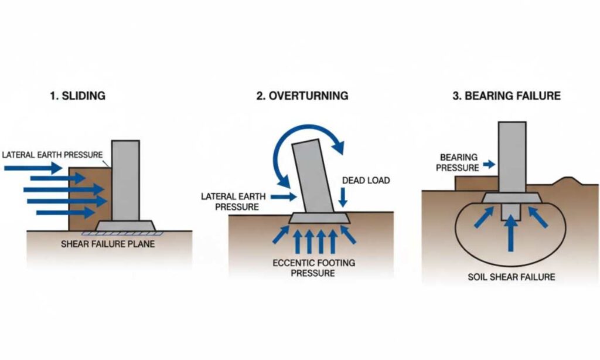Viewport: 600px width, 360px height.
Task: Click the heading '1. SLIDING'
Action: click(x=77, y=96)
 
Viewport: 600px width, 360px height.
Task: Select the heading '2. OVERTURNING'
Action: click(x=302, y=96)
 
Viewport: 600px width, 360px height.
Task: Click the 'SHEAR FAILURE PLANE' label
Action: click(x=108, y=243)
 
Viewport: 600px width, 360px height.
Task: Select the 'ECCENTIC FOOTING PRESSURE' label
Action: click(x=313, y=268)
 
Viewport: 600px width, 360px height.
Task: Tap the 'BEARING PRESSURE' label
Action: click(x=459, y=162)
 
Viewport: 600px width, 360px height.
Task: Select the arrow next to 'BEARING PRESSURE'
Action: click(x=488, y=167)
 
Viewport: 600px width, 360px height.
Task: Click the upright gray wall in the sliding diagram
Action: click(x=125, y=179)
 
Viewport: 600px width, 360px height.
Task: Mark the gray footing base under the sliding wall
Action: click(x=126, y=225)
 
